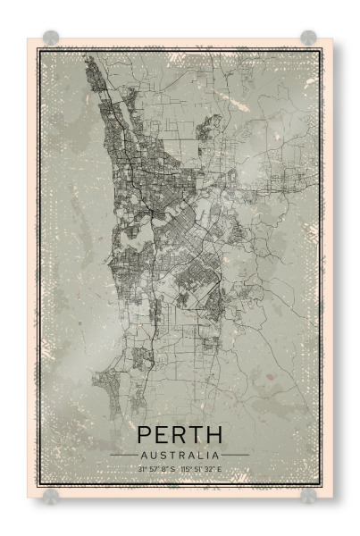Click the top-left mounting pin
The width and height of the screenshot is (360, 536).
point(51,38)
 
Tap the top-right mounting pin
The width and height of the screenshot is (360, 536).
point(308,38)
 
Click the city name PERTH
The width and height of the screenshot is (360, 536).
point(180,435)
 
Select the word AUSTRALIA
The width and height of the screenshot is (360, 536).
point(180,454)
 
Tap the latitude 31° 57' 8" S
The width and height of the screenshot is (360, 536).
point(157,468)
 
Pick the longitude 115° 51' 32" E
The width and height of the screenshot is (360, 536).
point(202,468)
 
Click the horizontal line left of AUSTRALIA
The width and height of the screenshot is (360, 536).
point(122,454)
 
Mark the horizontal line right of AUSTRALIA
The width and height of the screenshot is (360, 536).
point(236,454)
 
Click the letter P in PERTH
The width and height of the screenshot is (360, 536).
point(145,435)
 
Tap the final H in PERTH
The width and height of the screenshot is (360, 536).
point(214,435)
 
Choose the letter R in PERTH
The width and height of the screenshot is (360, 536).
point(180,435)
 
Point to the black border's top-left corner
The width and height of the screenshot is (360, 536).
point(38,50)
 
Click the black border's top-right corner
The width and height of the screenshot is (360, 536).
point(321,50)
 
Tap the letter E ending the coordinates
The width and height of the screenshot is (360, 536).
point(221,468)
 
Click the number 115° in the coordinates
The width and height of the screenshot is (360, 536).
point(187,468)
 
